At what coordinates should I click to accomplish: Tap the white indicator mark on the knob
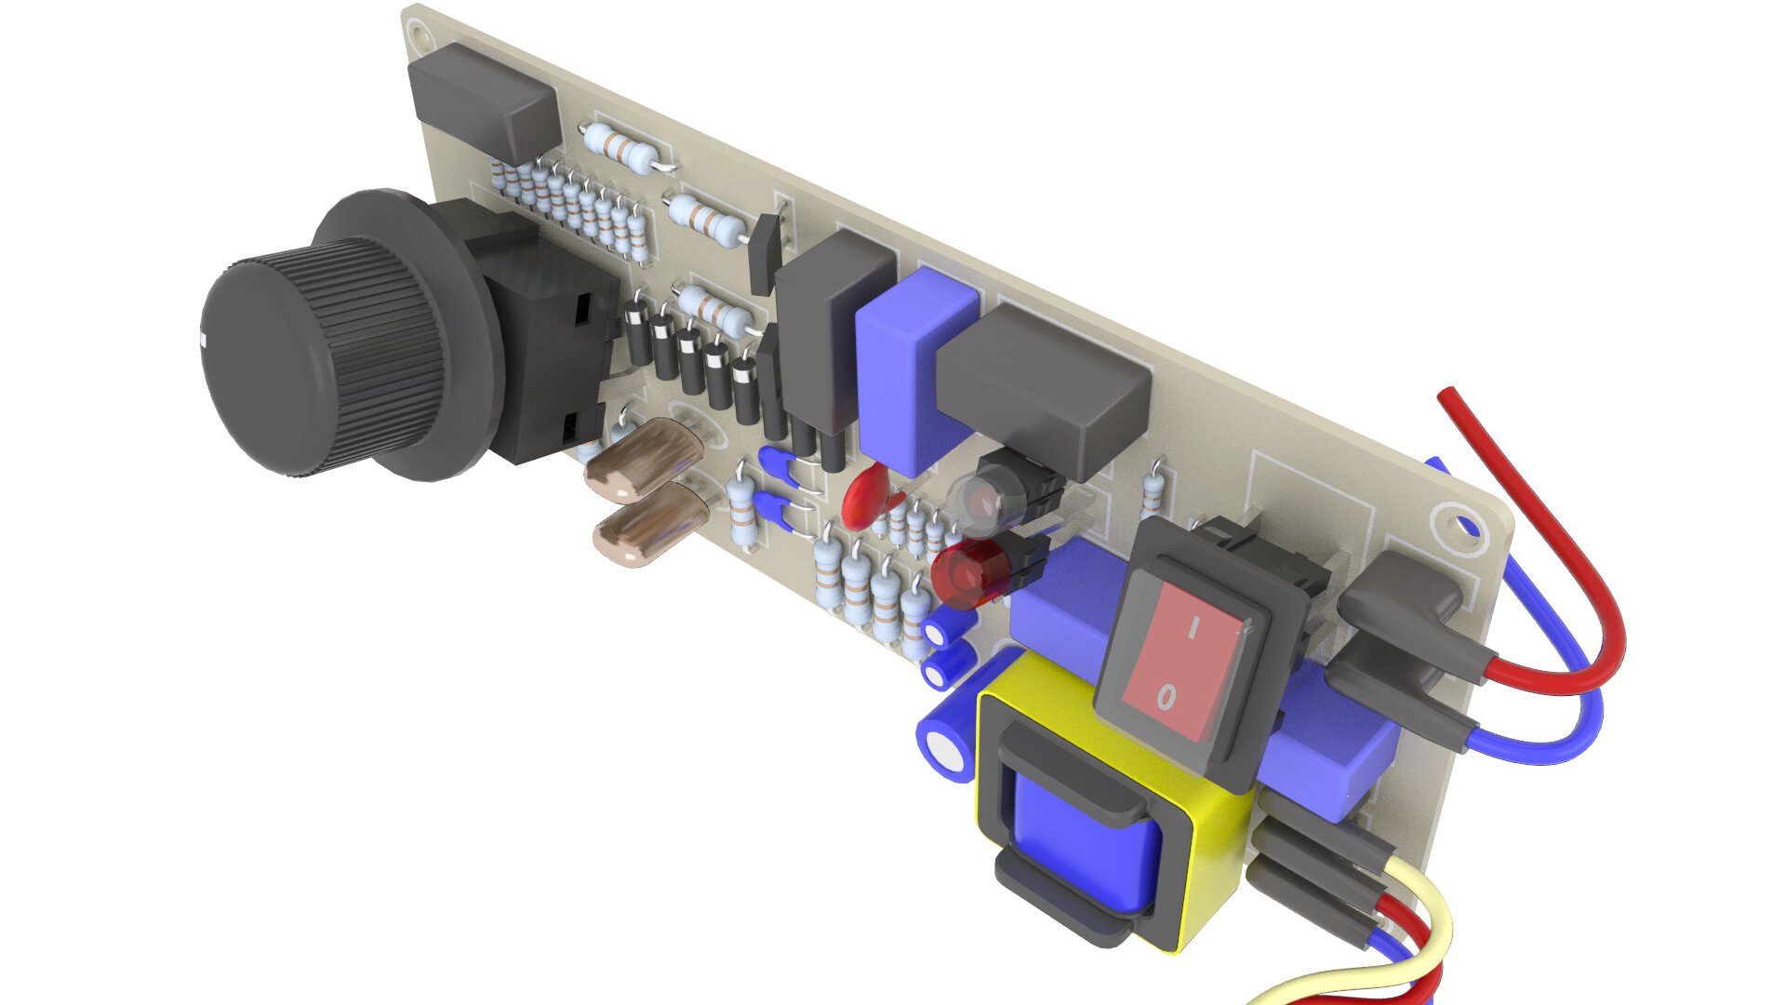[x=203, y=336]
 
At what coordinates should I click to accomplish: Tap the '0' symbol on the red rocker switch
[x=1166, y=695]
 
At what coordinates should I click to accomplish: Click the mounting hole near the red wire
[x=1456, y=527]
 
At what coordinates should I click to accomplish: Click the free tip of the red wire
[x=1445, y=396]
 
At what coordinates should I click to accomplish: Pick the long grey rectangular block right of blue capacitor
[x=1042, y=391]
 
